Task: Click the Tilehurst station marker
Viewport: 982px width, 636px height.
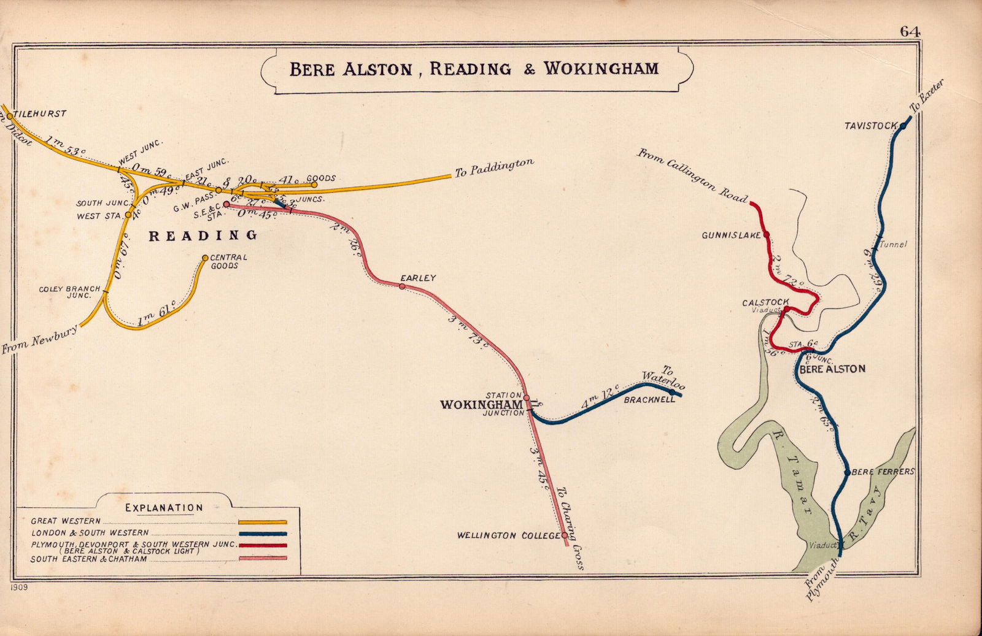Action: pyautogui.click(x=10, y=115)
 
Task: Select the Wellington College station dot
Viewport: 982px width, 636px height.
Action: pyautogui.click(x=565, y=535)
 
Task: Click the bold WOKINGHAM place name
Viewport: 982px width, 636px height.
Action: pyautogui.click(x=481, y=405)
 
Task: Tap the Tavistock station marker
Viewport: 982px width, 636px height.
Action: pyautogui.click(x=903, y=126)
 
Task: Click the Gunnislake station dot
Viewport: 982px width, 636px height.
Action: pyautogui.click(x=766, y=234)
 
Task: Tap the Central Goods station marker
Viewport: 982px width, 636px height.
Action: pyautogui.click(x=205, y=258)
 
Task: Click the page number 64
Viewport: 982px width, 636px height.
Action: pyautogui.click(x=910, y=32)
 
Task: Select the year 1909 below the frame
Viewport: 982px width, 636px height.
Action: pyautogui.click(x=19, y=587)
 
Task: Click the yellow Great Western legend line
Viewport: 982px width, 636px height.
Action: pyautogui.click(x=263, y=522)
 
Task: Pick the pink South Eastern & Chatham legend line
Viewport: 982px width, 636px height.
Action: pyautogui.click(x=263, y=558)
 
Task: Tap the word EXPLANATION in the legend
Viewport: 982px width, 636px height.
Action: pyautogui.click(x=164, y=508)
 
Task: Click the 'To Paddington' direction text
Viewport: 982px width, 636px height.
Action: pyautogui.click(x=494, y=168)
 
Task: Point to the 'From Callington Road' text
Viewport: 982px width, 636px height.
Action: pyautogui.click(x=692, y=175)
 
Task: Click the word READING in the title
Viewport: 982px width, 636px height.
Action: pyautogui.click(x=470, y=68)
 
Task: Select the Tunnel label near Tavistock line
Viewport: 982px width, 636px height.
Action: pyautogui.click(x=893, y=244)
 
